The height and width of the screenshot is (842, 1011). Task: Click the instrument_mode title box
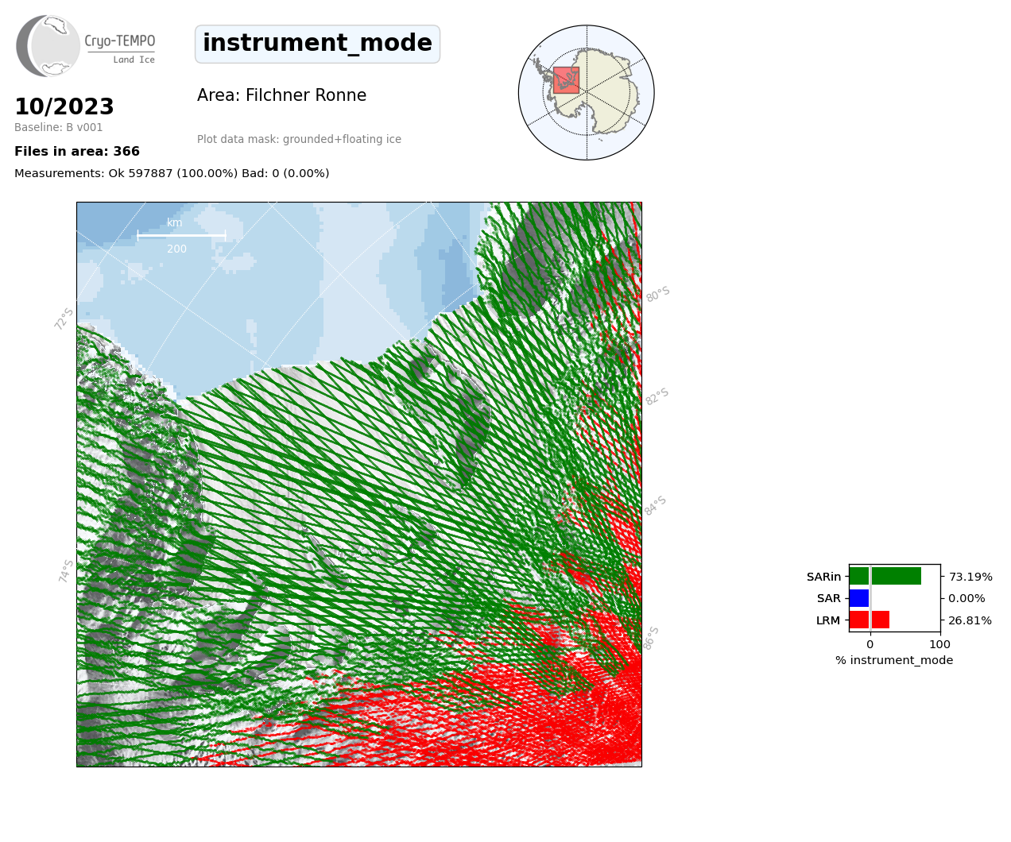(317, 44)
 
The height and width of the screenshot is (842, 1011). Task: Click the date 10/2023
(64, 106)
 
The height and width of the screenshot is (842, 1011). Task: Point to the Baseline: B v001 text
(59, 127)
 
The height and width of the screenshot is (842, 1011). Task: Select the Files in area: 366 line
(77, 152)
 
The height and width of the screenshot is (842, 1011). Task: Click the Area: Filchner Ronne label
(282, 95)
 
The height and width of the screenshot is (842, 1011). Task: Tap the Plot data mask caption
(299, 139)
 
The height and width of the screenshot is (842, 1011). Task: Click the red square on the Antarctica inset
(566, 80)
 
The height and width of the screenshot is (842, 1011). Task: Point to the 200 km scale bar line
(181, 236)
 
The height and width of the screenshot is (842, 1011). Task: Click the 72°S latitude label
(64, 319)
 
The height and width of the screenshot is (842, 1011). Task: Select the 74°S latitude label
(66, 571)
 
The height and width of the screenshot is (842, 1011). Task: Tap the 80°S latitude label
(658, 294)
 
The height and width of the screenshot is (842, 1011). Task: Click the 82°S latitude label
(657, 396)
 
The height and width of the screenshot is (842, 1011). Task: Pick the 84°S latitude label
(655, 506)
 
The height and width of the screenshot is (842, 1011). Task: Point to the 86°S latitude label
(651, 638)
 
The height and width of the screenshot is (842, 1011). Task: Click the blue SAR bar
(859, 598)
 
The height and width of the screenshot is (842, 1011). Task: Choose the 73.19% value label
(970, 577)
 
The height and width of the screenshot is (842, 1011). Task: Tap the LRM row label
(828, 620)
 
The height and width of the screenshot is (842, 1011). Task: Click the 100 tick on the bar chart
(939, 644)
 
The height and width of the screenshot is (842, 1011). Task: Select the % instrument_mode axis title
(894, 661)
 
